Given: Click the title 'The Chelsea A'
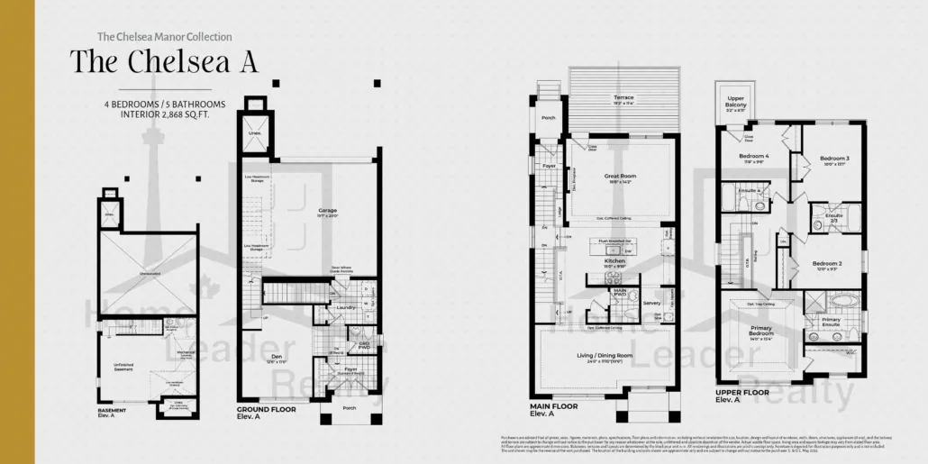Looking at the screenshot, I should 164,61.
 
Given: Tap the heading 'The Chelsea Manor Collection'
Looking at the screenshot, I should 164,37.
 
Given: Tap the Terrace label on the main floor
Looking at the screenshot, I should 623,97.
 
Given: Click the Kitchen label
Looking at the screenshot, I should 615,261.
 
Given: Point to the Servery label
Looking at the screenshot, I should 651,303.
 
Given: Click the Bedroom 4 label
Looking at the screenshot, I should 741,156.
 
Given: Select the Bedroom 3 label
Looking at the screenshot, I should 834,159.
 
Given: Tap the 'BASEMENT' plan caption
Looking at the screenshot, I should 112,410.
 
